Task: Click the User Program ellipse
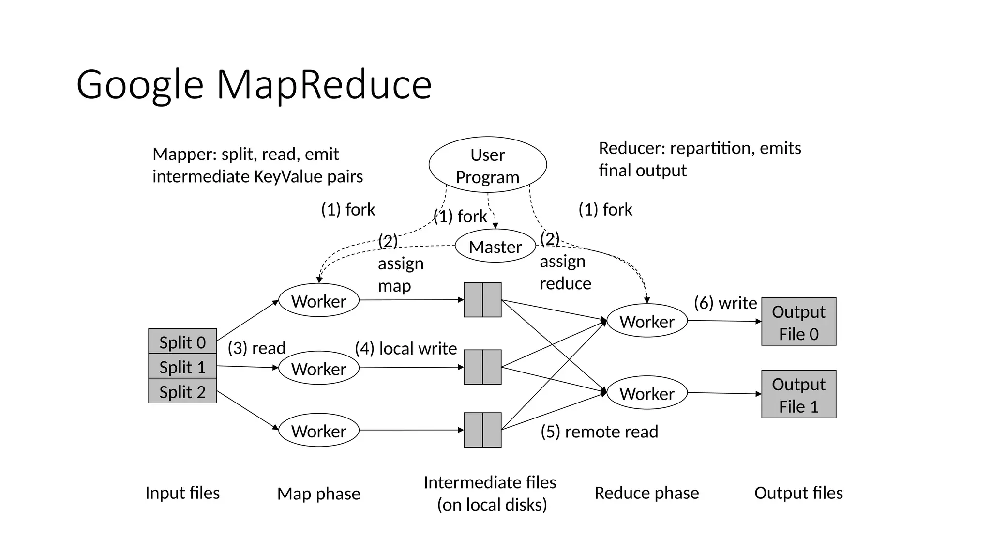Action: tap(487, 165)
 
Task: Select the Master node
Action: tap(495, 247)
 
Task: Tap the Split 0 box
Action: tap(182, 342)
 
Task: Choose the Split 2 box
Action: tap(182, 391)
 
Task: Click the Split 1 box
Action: tap(182, 367)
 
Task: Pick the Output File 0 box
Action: tap(798, 322)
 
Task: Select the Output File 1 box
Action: tap(798, 394)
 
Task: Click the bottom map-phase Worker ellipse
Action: tap(319, 431)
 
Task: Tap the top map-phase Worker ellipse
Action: tap(319, 301)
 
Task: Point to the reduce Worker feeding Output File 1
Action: tap(646, 393)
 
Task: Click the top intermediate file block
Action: tap(482, 300)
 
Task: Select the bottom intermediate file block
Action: tap(482, 430)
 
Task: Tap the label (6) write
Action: tap(725, 303)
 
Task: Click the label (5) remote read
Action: tap(599, 432)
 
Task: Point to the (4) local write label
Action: tap(405, 348)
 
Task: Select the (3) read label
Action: tap(256, 348)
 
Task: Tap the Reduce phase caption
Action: tap(646, 493)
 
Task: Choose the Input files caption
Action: tap(182, 493)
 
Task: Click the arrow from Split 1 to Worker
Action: tap(247, 367)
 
